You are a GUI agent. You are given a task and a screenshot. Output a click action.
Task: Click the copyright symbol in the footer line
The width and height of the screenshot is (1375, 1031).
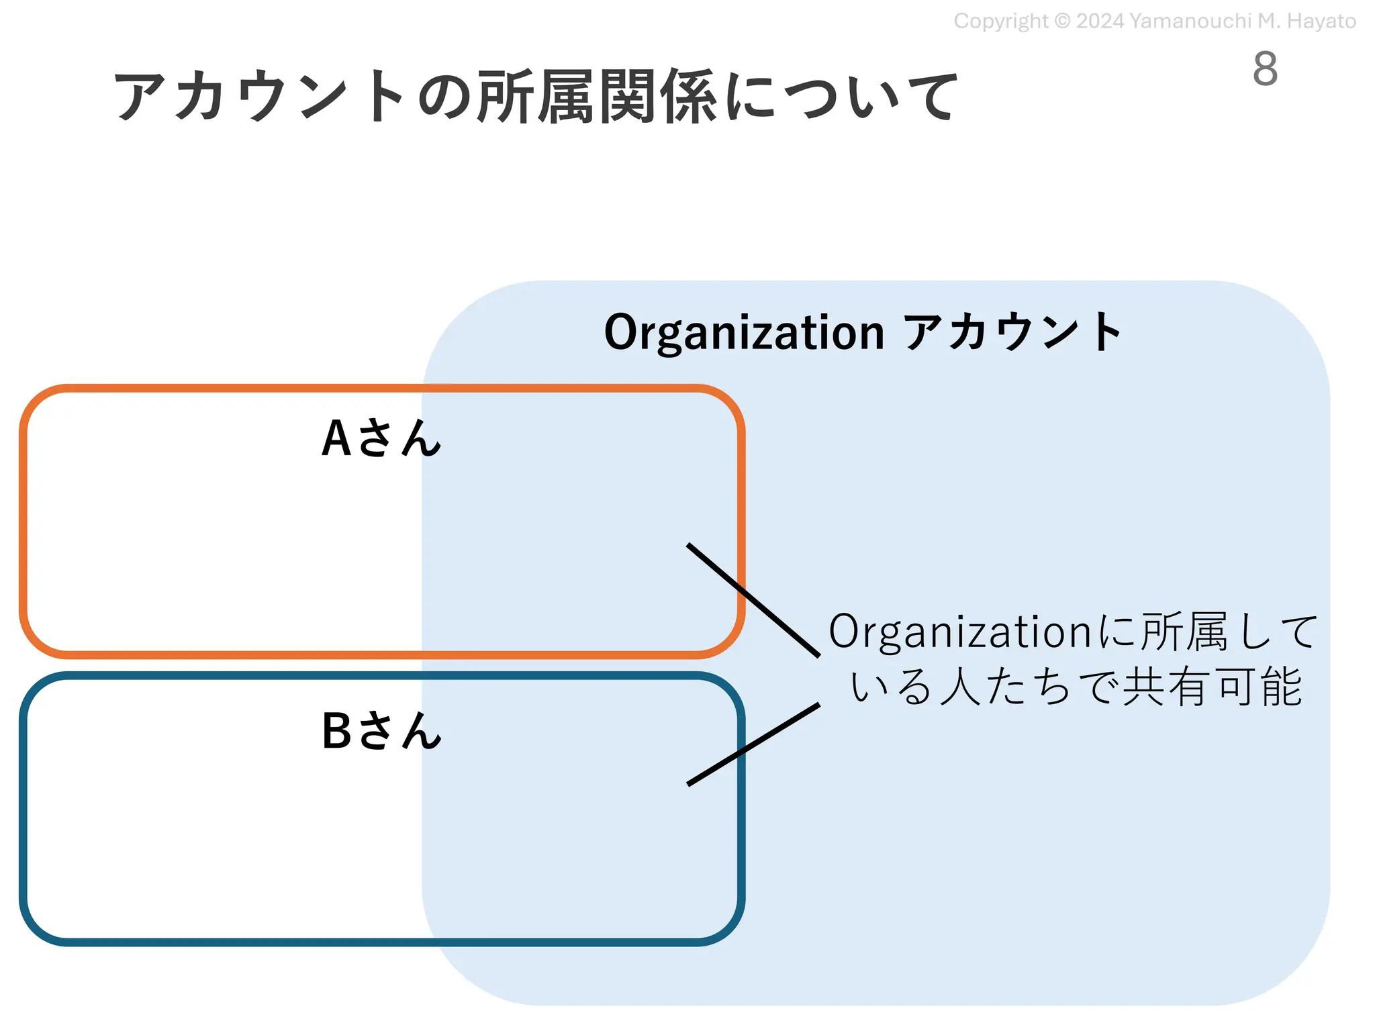tap(1062, 21)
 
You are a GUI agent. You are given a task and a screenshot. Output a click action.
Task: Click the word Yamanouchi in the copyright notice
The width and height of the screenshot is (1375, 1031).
tap(1190, 21)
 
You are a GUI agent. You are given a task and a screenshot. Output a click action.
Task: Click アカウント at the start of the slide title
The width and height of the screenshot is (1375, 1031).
tap(258, 97)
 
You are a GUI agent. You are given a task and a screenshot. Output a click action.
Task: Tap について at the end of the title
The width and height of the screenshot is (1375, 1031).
tap(842, 97)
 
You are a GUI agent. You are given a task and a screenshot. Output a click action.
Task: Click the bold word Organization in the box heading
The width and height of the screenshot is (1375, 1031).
tap(744, 332)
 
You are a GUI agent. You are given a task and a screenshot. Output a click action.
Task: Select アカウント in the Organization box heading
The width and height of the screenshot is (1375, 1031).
tap(1012, 332)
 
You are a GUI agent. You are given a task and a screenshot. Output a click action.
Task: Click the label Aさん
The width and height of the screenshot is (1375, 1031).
tap(381, 438)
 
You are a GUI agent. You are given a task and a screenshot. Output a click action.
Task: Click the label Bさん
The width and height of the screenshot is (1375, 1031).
tap(381, 730)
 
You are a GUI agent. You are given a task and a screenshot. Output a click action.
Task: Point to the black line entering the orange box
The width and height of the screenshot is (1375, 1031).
tap(752, 599)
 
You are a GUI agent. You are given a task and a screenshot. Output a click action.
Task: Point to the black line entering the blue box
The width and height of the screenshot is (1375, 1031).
tap(752, 744)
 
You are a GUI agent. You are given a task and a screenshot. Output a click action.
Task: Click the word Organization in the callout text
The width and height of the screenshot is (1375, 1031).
tap(960, 632)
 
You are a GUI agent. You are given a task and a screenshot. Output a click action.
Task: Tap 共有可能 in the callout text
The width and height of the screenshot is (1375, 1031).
tap(1213, 687)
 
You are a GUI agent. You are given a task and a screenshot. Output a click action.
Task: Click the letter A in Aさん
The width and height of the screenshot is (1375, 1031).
tap(336, 438)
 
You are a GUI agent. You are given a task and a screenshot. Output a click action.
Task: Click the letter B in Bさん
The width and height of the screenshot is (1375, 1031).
tap(336, 730)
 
